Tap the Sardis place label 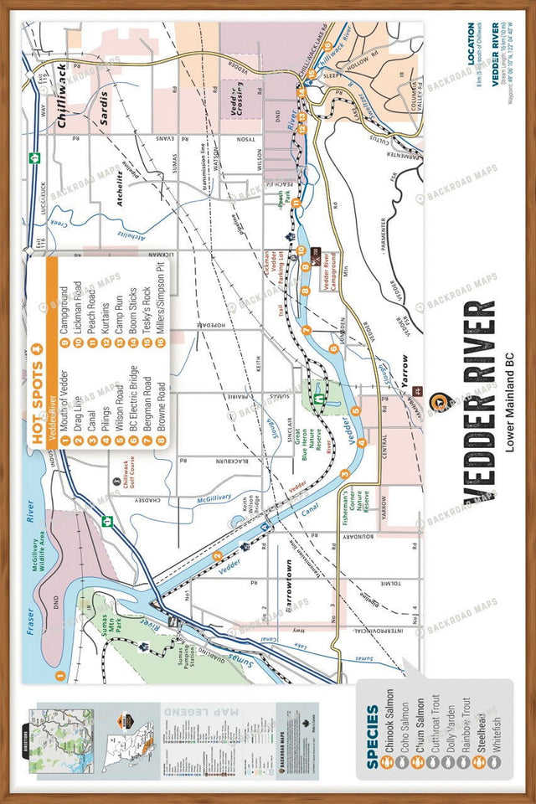106,106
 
